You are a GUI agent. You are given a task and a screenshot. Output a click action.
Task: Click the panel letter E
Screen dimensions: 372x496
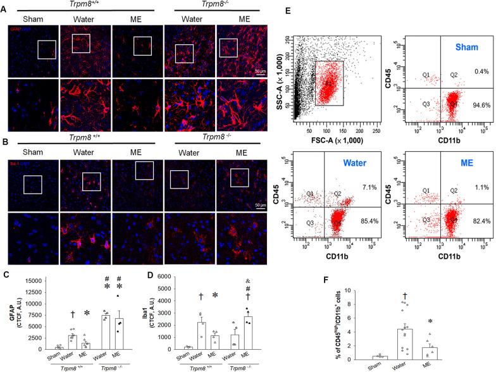(x=289, y=11)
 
